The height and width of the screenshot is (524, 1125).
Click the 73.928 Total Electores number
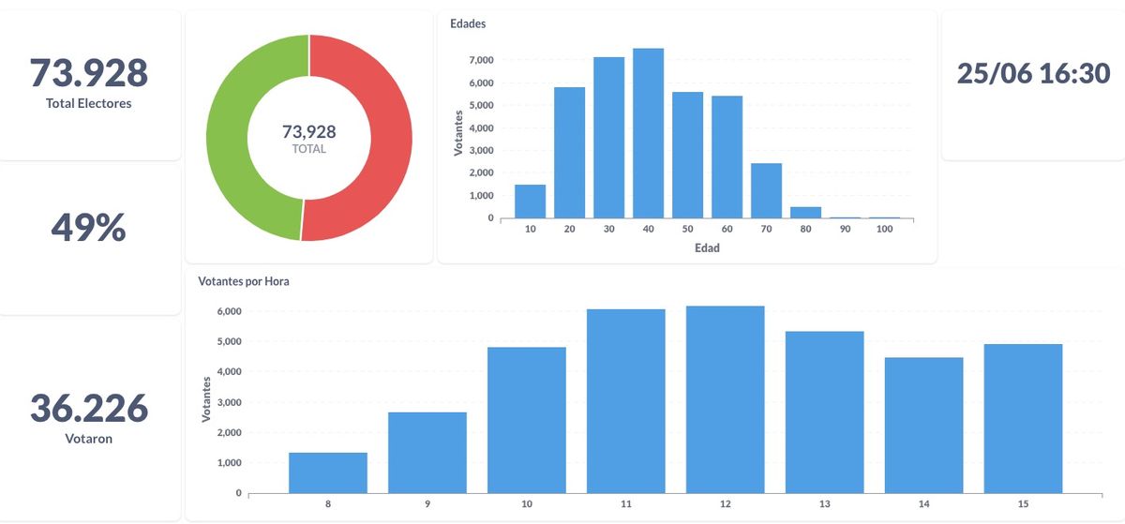click(x=88, y=72)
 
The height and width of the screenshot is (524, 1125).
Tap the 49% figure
click(x=88, y=227)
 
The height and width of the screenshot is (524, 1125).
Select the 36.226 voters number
click(x=88, y=408)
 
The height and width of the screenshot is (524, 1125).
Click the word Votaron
click(x=88, y=438)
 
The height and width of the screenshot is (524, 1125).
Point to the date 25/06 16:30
click(x=1033, y=73)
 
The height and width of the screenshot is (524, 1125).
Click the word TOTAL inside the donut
click(x=308, y=149)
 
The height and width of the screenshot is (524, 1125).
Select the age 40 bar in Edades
click(x=648, y=133)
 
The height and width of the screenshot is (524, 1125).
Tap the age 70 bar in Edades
click(x=766, y=190)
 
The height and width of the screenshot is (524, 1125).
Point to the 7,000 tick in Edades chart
click(x=481, y=60)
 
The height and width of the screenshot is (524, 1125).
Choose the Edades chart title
click(x=468, y=23)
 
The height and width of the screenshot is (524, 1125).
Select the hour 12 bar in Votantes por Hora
click(x=725, y=399)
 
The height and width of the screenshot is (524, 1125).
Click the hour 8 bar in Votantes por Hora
click(x=327, y=472)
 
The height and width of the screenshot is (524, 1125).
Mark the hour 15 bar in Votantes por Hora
click(x=1023, y=418)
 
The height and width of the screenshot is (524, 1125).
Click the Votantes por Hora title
click(x=244, y=281)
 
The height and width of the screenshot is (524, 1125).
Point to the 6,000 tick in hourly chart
click(x=230, y=312)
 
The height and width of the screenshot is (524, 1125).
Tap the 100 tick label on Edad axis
click(x=883, y=230)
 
